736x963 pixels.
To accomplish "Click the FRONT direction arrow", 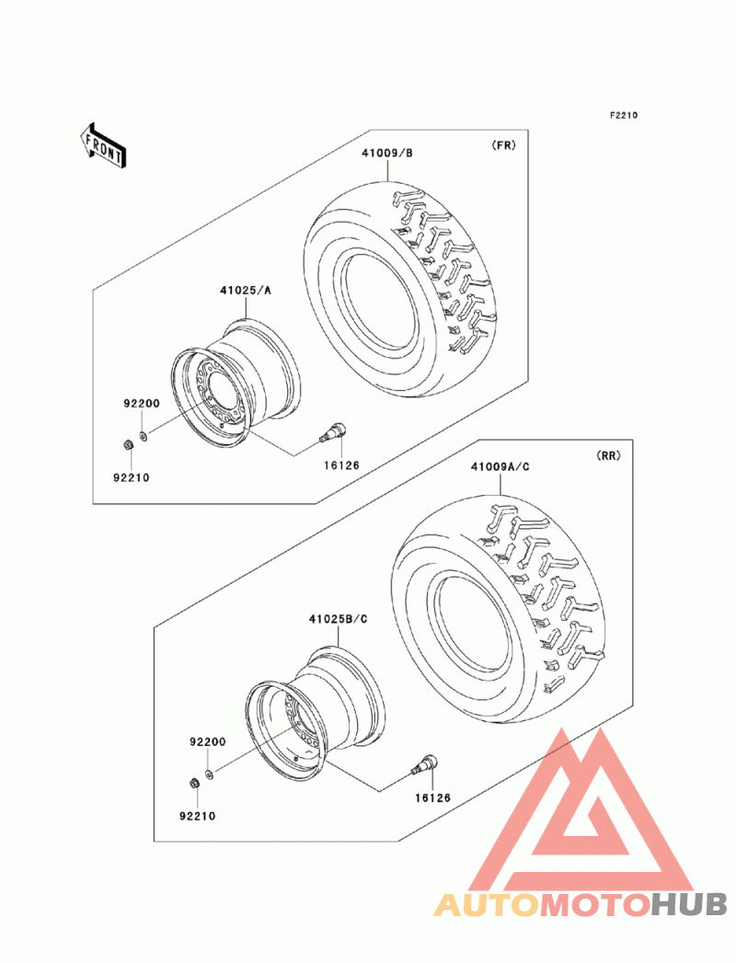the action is (x=103, y=144).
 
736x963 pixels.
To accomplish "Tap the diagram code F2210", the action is (x=624, y=115).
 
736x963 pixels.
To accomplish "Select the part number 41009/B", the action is (x=387, y=153).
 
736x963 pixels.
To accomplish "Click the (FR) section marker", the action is (x=504, y=145).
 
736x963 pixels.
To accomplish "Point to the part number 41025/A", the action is (x=245, y=291).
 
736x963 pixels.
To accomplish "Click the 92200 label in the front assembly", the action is (x=142, y=404).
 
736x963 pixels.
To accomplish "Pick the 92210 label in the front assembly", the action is (x=131, y=477).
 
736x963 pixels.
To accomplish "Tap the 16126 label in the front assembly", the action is (x=341, y=465).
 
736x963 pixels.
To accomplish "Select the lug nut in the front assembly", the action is (x=127, y=444).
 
